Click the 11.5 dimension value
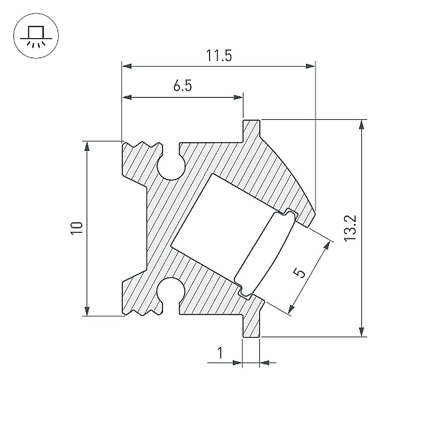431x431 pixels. point(219,55)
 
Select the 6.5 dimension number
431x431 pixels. point(182,85)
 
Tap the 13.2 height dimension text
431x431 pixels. point(351,228)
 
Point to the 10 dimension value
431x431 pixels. point(77,228)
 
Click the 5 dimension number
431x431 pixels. point(300,273)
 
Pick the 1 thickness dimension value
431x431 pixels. point(220,353)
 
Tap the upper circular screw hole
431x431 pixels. point(171,167)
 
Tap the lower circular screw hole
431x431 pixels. point(171,291)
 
